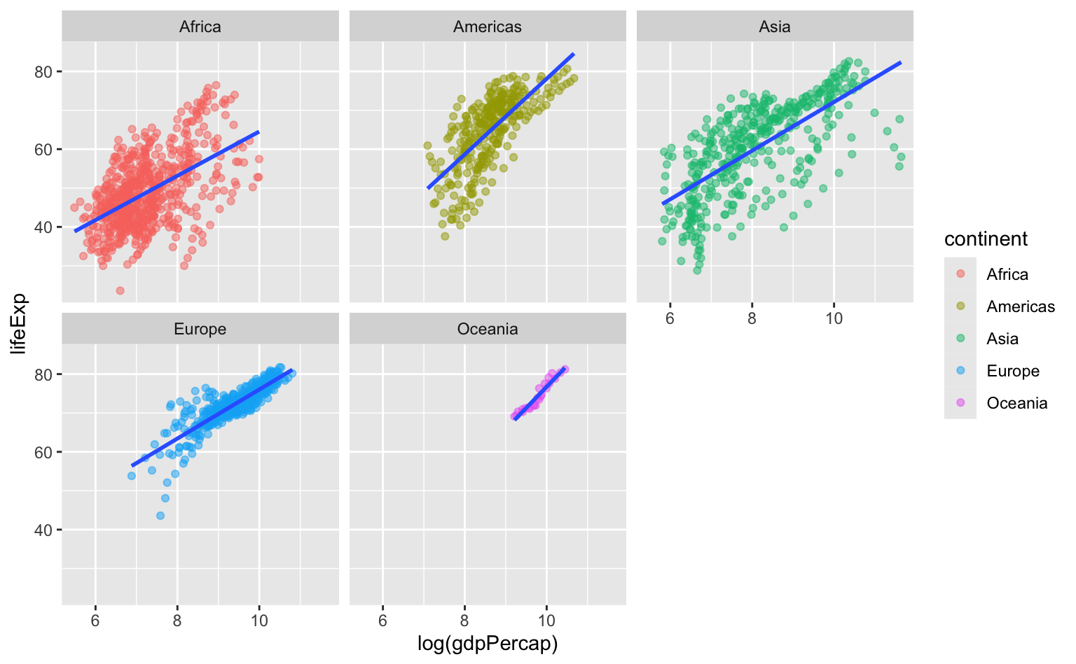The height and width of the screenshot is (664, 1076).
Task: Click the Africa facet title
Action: (200, 27)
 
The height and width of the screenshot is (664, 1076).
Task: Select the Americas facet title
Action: (488, 27)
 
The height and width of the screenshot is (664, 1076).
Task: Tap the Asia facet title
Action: (775, 27)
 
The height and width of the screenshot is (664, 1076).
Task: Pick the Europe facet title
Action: (200, 329)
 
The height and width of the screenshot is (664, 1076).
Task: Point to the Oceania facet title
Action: (488, 329)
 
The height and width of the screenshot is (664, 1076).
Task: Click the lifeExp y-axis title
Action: (19, 323)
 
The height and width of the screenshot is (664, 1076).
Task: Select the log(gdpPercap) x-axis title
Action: (488, 643)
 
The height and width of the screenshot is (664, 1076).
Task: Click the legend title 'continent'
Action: (986, 239)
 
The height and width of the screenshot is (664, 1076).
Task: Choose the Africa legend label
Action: (1007, 274)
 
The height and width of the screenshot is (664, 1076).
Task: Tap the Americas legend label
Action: (1021, 306)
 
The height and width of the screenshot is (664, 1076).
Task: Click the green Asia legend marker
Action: (960, 339)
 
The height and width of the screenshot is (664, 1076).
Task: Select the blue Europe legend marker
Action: (960, 371)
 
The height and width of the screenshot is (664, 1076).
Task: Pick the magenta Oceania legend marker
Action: (960, 403)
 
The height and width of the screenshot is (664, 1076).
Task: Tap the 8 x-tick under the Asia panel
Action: (752, 318)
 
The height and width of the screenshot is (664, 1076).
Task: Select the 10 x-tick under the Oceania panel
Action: (546, 621)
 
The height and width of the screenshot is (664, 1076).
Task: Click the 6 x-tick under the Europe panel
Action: (95, 621)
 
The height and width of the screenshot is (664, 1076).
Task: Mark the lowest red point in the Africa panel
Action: (120, 290)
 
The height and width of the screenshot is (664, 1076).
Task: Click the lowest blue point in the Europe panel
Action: (160, 516)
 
